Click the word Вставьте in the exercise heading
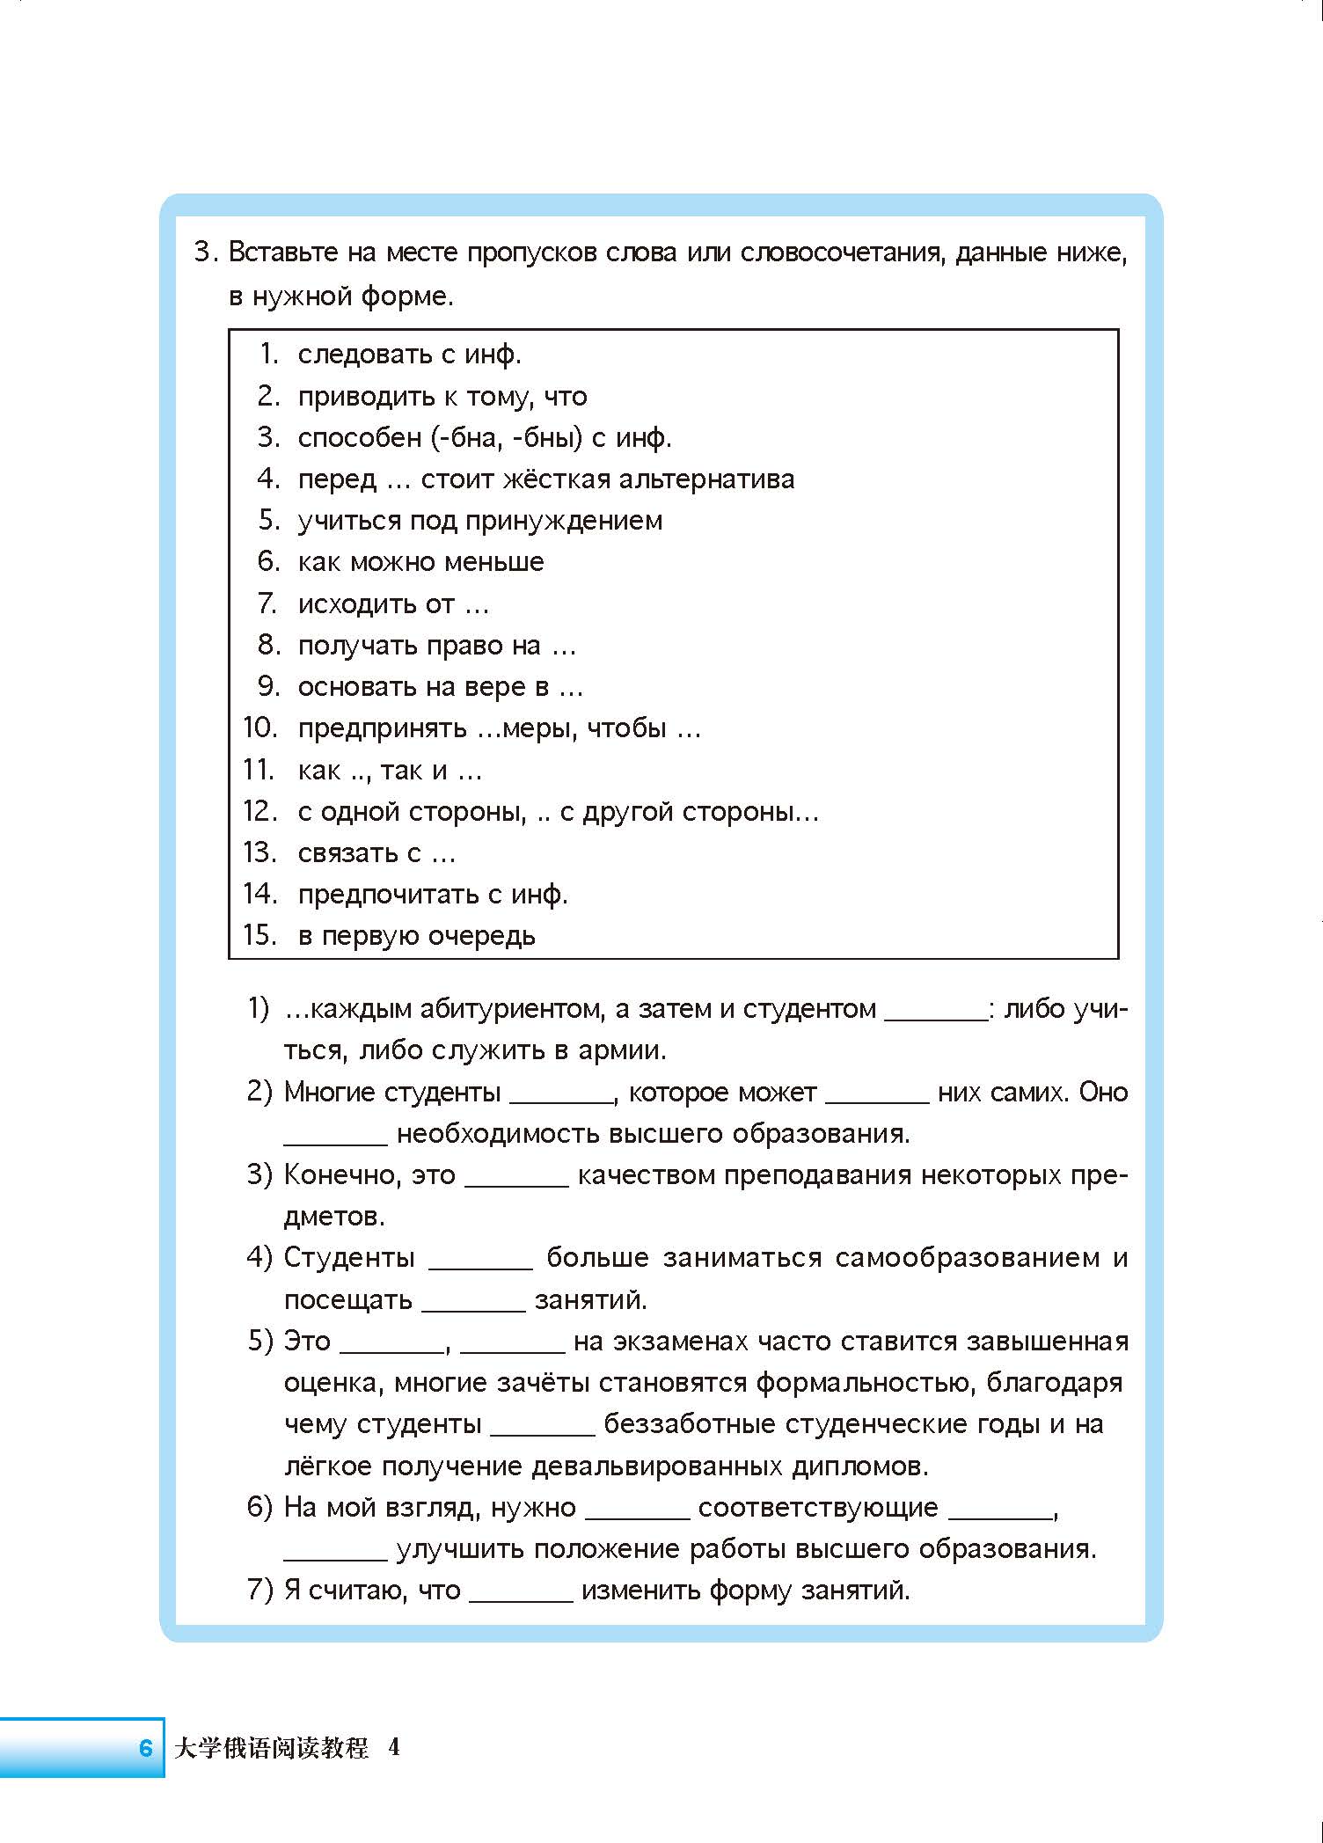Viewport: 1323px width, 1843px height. click(282, 253)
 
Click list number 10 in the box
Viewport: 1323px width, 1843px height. click(259, 728)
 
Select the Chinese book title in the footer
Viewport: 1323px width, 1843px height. click(272, 1747)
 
